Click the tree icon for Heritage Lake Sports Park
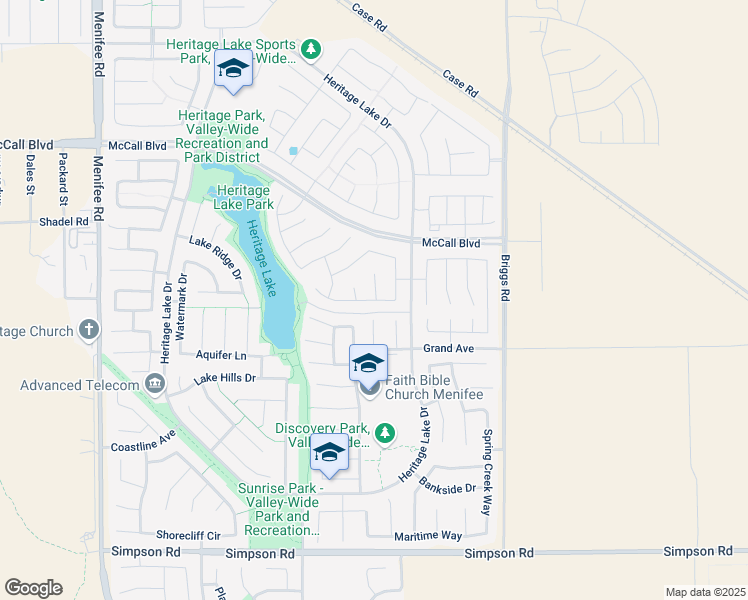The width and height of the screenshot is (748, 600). click(311, 48)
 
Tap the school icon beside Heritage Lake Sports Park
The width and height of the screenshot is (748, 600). click(233, 69)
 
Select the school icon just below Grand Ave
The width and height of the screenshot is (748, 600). click(368, 363)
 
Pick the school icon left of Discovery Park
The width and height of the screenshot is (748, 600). click(329, 454)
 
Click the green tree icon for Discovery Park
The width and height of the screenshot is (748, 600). click(385, 433)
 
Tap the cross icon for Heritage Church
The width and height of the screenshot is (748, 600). click(89, 330)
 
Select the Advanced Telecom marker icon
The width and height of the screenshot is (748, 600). click(154, 383)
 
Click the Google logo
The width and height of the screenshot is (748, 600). click(33, 588)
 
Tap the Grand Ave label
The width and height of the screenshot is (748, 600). click(447, 349)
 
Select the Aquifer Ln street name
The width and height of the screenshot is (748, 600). click(220, 355)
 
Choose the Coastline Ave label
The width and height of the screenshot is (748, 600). click(143, 441)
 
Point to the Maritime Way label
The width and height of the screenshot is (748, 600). click(428, 536)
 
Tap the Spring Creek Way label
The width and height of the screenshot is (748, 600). click(487, 472)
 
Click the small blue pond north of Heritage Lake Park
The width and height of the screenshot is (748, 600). click(293, 151)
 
